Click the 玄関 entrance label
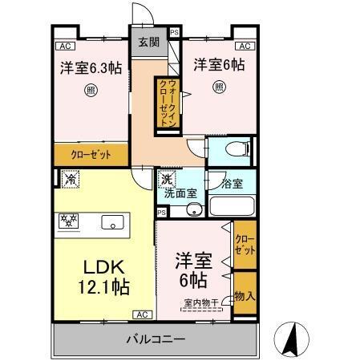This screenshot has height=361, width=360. [148, 43]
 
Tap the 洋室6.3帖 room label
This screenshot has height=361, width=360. [90, 68]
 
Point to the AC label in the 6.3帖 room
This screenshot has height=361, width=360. [66, 46]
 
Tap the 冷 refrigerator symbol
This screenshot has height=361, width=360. [68, 180]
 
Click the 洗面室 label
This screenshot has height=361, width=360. [180, 193]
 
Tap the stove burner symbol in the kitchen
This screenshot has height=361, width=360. [67, 218]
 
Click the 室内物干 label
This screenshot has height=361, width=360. [200, 302]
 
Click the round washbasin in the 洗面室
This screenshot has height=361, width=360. [192, 211]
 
